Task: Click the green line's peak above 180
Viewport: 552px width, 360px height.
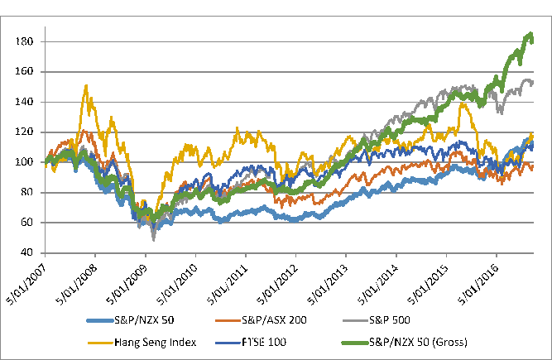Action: click(x=530, y=34)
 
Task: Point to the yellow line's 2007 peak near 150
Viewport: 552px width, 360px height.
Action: click(x=86, y=85)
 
